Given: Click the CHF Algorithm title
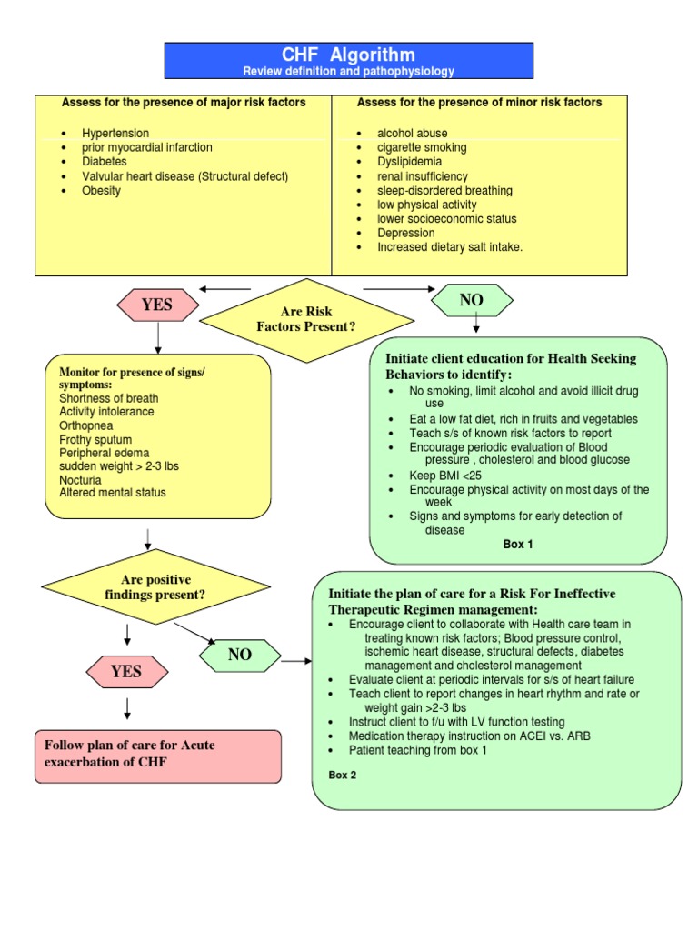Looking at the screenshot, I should click(348, 55).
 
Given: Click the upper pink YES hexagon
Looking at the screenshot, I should click(157, 305).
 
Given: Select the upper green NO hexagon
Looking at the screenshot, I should click(472, 300).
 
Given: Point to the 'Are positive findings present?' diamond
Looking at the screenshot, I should click(156, 587).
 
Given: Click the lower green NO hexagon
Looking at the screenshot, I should click(240, 655).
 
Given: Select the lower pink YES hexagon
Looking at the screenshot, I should click(126, 672).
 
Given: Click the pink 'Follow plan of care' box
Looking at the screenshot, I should click(158, 756).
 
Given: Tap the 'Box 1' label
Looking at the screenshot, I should click(518, 545).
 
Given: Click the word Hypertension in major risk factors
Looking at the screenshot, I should click(115, 133).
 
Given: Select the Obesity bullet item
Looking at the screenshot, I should click(101, 191).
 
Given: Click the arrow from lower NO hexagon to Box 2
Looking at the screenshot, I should click(296, 661).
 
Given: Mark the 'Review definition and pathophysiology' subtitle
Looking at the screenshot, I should click(348, 71).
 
